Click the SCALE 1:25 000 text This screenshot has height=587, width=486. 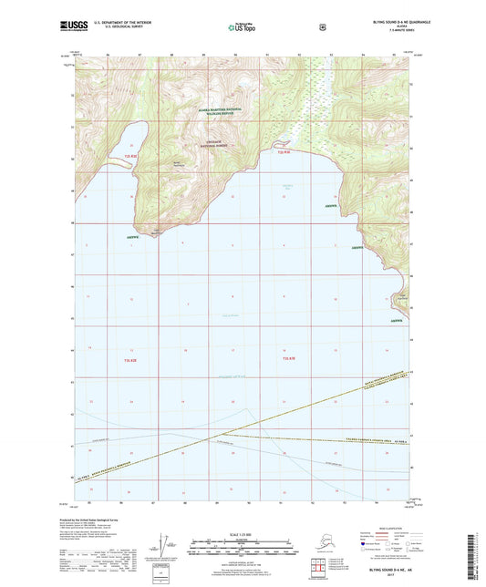[242, 533]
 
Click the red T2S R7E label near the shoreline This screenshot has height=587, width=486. [284, 152]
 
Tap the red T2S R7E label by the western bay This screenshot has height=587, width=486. [129, 157]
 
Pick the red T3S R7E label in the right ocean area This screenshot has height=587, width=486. [284, 362]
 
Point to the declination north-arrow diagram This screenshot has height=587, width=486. [165, 549]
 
